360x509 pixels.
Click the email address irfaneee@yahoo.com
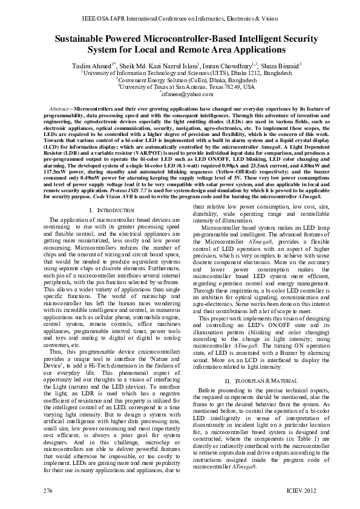pyautogui.click(x=180, y=94)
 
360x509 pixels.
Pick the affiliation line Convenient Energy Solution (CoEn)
pyautogui.click(x=180, y=79)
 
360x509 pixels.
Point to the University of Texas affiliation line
pyautogui.click(x=180, y=86)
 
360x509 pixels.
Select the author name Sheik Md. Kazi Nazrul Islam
pyautogui.click(x=153, y=64)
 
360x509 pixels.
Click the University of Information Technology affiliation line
pyautogui.click(x=180, y=71)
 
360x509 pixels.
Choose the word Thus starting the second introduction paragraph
pyautogui.click(x=56, y=334)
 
